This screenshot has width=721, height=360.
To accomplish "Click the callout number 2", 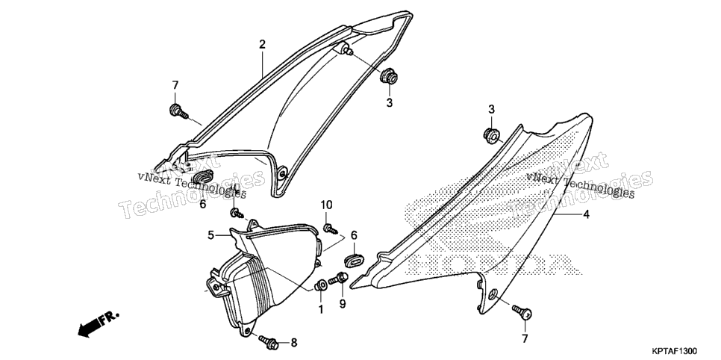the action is point(262,45).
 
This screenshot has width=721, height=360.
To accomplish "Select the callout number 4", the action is point(586,214).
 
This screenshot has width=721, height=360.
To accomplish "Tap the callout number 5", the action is point(210,235).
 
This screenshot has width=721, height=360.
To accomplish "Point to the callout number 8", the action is point(294,343).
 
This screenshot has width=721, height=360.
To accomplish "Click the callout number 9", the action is point(343,304).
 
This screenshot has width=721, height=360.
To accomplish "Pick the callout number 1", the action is point(321,309).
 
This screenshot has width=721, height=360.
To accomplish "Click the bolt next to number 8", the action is point(268,341).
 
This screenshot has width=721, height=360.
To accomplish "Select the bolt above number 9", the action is point(338,279).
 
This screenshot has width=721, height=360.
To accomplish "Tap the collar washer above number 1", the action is point(321,285).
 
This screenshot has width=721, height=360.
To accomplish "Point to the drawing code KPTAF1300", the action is point(677,351).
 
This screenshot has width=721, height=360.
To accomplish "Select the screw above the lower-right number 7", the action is point(522,312).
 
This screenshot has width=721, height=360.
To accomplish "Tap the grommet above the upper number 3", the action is point(389,75).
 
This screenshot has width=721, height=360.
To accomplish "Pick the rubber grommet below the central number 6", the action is point(354,260).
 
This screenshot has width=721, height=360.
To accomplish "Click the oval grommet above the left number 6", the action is point(203,176).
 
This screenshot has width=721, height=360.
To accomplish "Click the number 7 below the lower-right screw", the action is point(525,339).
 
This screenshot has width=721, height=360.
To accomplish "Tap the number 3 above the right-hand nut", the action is point(492,109).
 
